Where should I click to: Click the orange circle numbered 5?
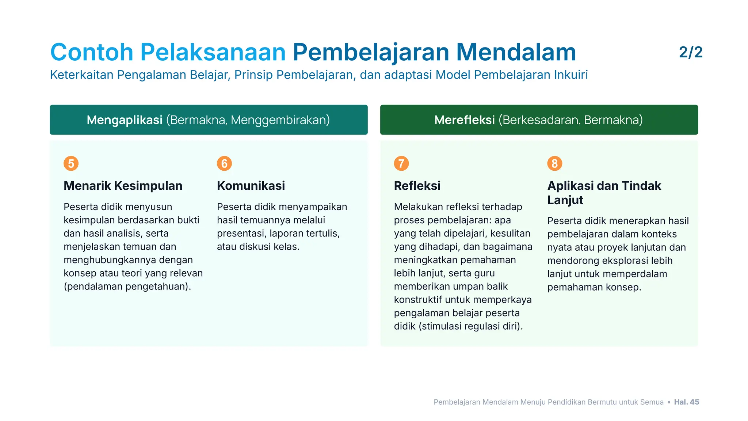(71, 163)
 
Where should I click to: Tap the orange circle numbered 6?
(224, 163)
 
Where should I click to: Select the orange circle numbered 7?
(401, 163)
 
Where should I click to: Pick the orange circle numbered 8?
(554, 163)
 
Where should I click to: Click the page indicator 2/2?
(691, 52)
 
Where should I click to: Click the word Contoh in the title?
(92, 52)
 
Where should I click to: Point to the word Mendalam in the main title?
(516, 52)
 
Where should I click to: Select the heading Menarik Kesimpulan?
(123, 186)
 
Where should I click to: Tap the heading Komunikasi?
(251, 186)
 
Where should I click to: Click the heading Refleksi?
(417, 186)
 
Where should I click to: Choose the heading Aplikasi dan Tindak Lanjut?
(604, 193)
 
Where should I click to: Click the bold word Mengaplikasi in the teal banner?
(125, 120)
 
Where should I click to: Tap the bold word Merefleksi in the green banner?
(465, 120)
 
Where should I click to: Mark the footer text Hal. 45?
(686, 402)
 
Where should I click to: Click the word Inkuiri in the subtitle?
(571, 75)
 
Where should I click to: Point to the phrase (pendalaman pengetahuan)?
(127, 287)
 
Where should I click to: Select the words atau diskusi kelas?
(258, 247)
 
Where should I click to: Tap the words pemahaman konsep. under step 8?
(594, 287)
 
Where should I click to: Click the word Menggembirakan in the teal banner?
(280, 120)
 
